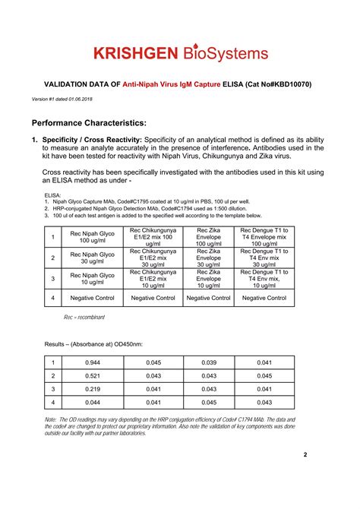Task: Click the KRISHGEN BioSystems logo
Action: point(180,53)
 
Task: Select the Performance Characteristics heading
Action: point(89,122)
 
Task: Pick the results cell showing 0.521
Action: point(92,375)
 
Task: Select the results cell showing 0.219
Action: point(92,389)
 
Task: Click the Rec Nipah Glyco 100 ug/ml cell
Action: point(92,236)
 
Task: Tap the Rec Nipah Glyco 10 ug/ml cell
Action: point(92,277)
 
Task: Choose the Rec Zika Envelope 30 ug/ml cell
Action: point(209,258)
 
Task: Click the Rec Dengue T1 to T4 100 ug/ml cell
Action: point(264,236)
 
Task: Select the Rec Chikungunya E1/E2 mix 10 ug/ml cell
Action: point(153,278)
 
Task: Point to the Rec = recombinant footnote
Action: point(84,317)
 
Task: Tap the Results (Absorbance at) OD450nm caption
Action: point(93,344)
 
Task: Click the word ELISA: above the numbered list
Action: point(52,195)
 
